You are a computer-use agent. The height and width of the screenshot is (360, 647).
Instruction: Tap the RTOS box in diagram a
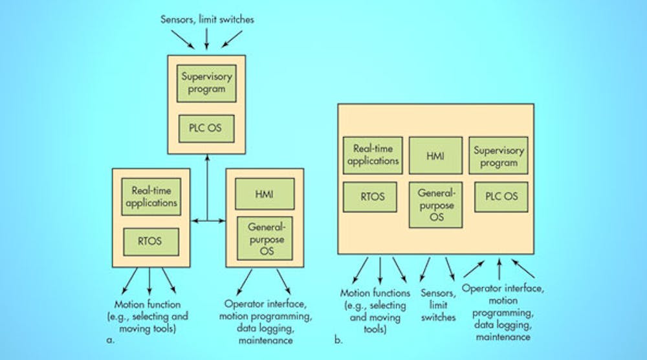[x=150, y=242]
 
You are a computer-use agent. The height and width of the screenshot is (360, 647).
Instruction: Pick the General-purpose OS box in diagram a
[x=264, y=235]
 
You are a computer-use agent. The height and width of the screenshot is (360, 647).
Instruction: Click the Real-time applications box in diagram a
[x=150, y=196]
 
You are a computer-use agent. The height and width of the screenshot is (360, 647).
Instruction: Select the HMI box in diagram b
[x=435, y=155]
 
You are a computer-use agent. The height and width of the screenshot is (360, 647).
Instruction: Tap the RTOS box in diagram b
[x=372, y=197]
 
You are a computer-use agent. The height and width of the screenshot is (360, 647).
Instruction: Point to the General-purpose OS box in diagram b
[x=435, y=205]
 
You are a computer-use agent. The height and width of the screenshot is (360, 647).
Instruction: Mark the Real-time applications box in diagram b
[x=372, y=155]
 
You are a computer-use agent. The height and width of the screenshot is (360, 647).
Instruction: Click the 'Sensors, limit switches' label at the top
[x=207, y=19]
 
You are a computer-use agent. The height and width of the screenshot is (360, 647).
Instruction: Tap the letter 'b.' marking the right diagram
[x=338, y=337]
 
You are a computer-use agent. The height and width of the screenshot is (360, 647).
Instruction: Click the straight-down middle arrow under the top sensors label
[x=206, y=39]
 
